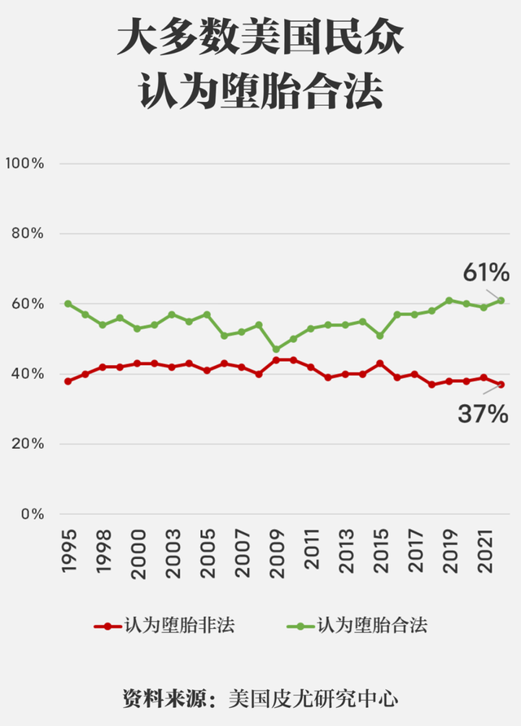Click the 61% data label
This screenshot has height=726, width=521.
pos(486,272)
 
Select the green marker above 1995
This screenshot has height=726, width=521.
pos(68,304)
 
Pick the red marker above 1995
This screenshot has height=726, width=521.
pos(68,381)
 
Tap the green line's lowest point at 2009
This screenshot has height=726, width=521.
pos(276,349)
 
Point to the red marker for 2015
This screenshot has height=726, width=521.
pos(379,363)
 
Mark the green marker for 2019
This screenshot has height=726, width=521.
pos(449,301)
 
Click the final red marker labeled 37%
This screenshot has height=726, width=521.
pos(501,385)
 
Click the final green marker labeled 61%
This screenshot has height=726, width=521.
pos(501,301)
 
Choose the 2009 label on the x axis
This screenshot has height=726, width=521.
pos(276,552)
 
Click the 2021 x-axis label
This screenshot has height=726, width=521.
pos(484,552)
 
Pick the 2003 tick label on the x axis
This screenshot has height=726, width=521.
pos(172,552)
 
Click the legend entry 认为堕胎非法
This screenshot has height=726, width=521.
pos(180,626)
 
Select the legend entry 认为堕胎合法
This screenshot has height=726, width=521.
pos(371,626)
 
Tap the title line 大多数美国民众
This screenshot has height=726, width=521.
pos(260,38)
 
